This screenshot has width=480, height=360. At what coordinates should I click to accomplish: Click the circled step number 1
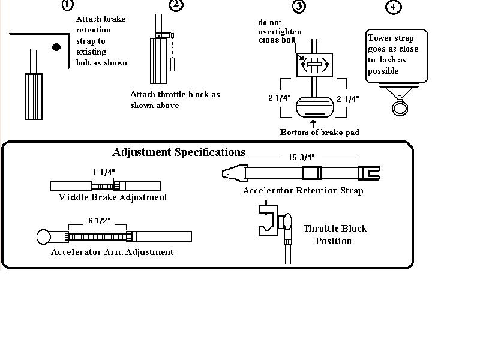click(x=68, y=5)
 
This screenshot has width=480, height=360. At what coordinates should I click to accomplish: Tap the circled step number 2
click(x=176, y=5)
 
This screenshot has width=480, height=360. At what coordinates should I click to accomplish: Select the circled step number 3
click(x=299, y=7)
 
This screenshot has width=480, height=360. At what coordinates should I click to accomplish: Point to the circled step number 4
click(x=393, y=7)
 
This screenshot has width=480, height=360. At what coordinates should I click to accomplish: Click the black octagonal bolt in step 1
click(x=56, y=47)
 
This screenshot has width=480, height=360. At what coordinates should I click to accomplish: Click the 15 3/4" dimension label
click(x=301, y=157)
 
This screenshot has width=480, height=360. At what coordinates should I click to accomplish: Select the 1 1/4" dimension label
click(x=103, y=172)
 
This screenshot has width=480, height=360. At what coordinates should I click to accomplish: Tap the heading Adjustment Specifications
click(x=179, y=152)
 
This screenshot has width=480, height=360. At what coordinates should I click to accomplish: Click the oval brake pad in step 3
click(x=315, y=107)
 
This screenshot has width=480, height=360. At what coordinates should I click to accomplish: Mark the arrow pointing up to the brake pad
click(x=313, y=124)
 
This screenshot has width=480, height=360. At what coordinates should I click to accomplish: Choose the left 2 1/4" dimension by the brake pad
click(x=279, y=98)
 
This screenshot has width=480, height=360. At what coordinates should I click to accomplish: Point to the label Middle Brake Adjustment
click(x=112, y=197)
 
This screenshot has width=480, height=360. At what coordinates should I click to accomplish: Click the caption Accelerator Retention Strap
click(x=303, y=190)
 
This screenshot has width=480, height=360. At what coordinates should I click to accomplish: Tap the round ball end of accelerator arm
click(x=43, y=237)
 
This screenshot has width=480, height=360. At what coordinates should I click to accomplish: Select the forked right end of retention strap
click(x=369, y=173)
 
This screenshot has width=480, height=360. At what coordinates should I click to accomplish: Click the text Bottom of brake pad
click(x=320, y=132)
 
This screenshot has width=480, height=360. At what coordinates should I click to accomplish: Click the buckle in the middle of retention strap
click(x=312, y=173)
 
